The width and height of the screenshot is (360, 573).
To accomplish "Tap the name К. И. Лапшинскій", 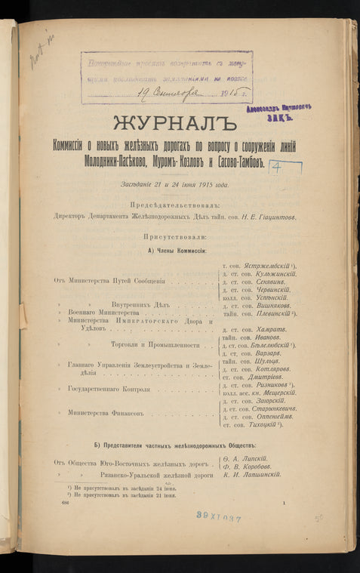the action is pos(252,474).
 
